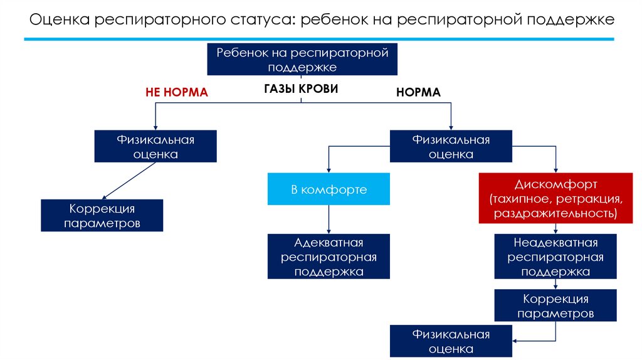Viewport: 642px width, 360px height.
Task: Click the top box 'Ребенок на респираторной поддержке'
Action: tap(302, 60)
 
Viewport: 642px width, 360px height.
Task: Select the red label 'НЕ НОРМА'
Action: tap(176, 92)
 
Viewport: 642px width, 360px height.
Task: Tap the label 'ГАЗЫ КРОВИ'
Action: tap(301, 89)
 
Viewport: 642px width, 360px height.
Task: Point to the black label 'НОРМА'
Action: tap(418, 92)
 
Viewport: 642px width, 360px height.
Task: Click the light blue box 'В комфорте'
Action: tap(329, 189)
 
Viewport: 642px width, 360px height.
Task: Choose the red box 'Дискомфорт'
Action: tap(555, 199)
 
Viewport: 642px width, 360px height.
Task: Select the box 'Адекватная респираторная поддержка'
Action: tap(329, 257)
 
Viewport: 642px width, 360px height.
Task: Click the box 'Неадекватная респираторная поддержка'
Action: tap(555, 257)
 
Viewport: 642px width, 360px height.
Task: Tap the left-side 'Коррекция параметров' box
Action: tap(102, 215)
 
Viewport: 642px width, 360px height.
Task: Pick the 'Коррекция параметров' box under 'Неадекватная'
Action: tap(555, 305)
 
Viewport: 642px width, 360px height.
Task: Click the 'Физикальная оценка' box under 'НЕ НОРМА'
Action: tap(155, 147)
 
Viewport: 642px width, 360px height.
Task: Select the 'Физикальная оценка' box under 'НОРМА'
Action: tap(451, 147)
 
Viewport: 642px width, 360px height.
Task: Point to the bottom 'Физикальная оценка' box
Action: tap(451, 341)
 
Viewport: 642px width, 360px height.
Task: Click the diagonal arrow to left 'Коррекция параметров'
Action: tap(129, 181)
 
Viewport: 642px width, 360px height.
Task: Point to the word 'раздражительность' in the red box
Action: tap(555, 213)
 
